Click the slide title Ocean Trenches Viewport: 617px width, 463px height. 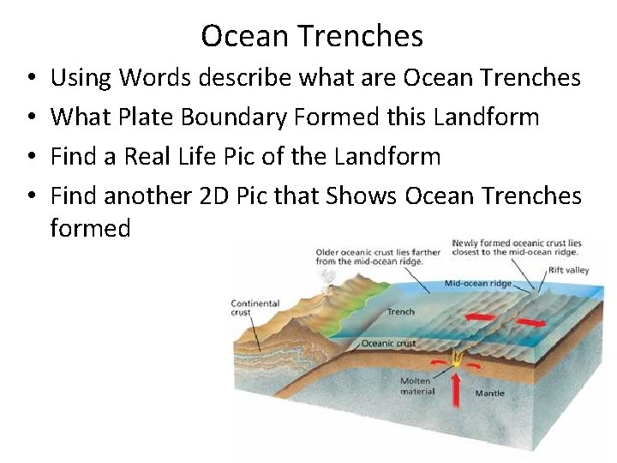pos(312,36)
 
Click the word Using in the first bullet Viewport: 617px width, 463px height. pos(81,78)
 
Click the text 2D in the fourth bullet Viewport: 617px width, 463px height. pos(214,195)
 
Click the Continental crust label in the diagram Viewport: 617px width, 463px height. pos(255,308)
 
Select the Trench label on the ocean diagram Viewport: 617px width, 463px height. pos(401,311)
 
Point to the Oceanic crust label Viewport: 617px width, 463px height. pos(388,344)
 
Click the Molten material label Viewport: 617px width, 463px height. pos(417,386)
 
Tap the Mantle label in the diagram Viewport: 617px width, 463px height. pos(490,394)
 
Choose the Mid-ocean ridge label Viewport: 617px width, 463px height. pos(478,283)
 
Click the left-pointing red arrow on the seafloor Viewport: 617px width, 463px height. pos(481,317)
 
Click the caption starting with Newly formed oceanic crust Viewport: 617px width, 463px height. pos(518,248)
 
